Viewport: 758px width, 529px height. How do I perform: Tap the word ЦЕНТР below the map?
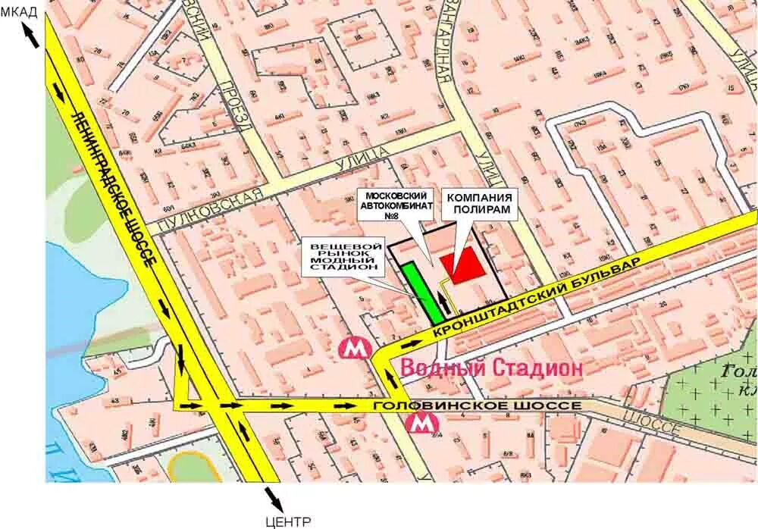pyautogui.click(x=288, y=521)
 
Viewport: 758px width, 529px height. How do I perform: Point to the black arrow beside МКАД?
pyautogui.click(x=32, y=36)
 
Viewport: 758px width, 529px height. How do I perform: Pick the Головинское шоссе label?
pyautogui.click(x=478, y=406)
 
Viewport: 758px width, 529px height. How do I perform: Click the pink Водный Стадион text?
pyautogui.click(x=491, y=368)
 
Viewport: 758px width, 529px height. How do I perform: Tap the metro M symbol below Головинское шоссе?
pyautogui.click(x=419, y=425)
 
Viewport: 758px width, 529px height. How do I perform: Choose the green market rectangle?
pyautogui.click(x=421, y=291)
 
